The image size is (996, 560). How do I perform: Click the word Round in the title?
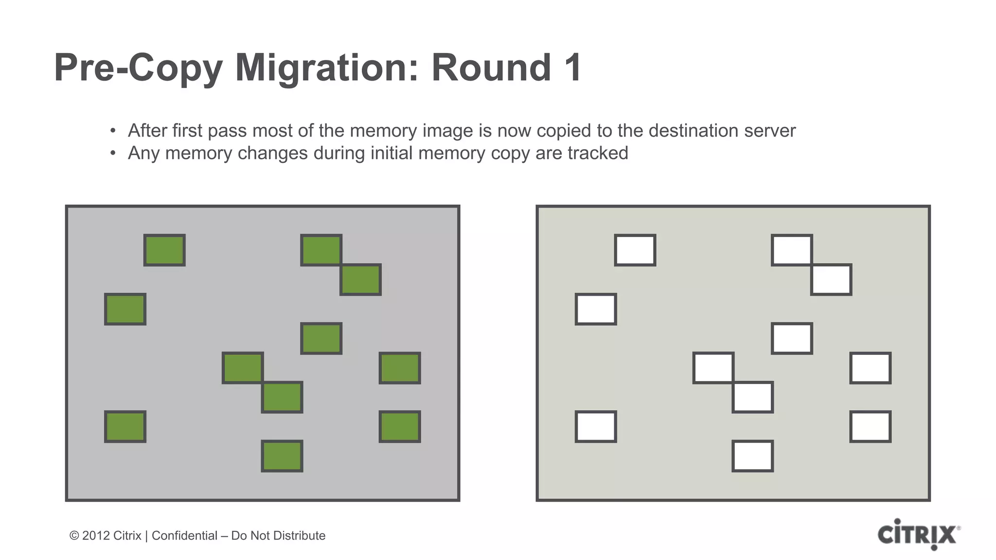point(491,68)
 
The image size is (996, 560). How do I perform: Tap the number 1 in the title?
point(573,68)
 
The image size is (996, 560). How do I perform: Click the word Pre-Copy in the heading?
point(138,69)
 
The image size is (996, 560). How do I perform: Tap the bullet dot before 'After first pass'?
point(113,131)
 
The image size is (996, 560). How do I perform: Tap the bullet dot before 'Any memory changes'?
point(113,154)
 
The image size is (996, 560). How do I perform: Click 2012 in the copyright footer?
point(95,536)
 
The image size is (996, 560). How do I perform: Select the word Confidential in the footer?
point(184,536)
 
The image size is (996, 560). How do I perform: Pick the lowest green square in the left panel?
point(282,456)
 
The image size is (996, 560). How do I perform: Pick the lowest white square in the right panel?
point(752,456)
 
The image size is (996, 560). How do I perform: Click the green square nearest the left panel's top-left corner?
point(164,250)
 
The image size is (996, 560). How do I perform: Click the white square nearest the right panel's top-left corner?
point(635,250)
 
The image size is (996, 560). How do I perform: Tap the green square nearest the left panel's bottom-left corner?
point(125,427)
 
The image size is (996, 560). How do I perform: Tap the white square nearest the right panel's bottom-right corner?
point(870,427)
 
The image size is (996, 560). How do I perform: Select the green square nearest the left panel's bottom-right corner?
point(400,427)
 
